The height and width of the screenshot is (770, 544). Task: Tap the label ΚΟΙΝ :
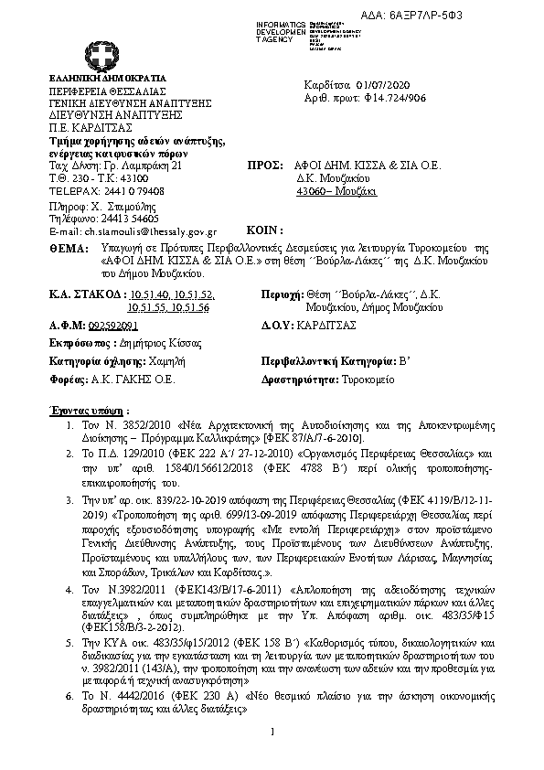tap(266, 230)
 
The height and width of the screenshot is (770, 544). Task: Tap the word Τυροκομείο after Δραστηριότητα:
tap(370, 379)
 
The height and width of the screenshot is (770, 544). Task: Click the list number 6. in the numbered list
tap(71, 696)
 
